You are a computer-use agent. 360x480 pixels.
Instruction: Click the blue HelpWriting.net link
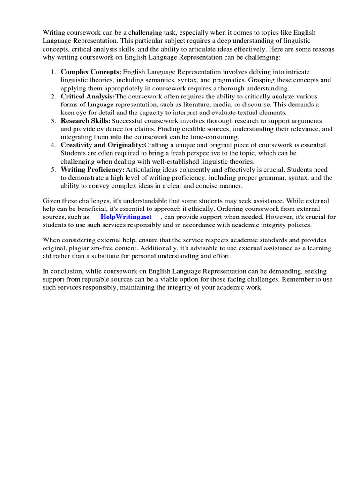126,217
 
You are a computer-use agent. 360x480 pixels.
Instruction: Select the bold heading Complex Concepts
91,72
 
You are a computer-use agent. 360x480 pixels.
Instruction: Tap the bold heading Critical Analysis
88,96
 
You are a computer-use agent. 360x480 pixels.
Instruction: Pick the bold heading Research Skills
86,120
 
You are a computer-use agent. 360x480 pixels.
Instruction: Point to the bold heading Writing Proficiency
93,169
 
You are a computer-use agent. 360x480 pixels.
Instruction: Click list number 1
53,72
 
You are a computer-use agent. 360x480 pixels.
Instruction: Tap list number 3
53,120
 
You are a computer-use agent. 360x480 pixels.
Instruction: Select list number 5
53,169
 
